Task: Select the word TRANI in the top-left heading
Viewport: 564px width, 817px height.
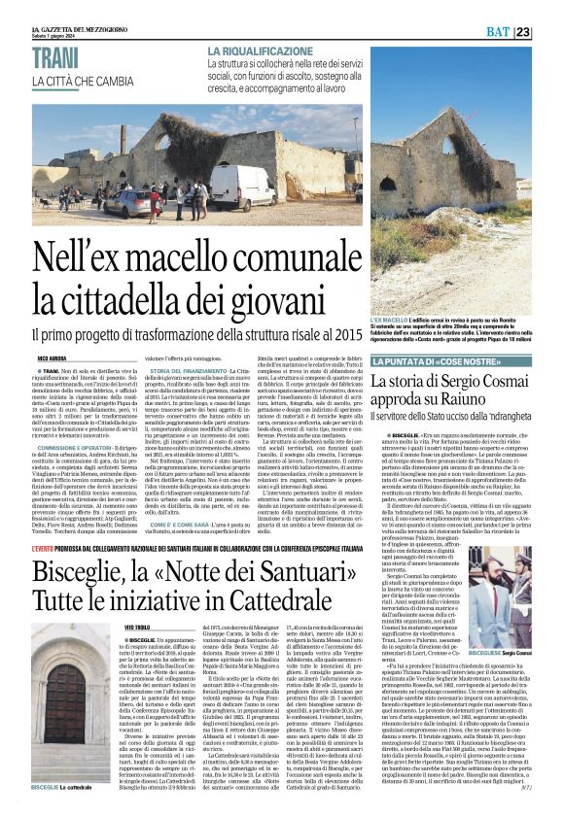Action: pos(56,60)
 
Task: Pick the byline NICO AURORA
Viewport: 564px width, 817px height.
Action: pos(52,358)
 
